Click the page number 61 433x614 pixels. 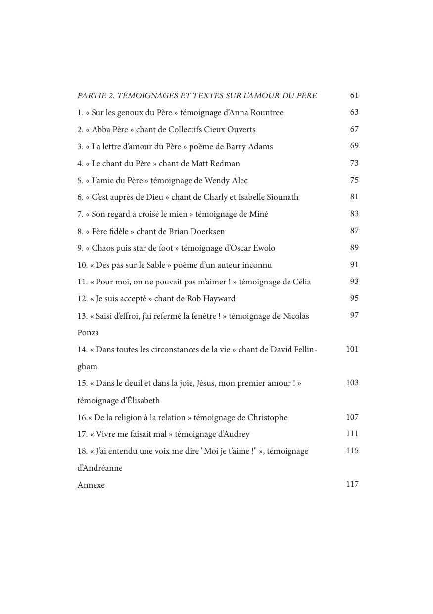pos(354,95)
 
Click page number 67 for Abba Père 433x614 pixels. pos(354,129)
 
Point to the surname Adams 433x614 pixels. pos(260,147)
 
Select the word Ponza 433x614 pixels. pos(88,333)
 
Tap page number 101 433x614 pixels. pos(352,349)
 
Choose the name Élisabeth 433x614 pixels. pos(140,401)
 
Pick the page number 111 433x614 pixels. pos(352,434)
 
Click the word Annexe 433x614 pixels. pos(91,485)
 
